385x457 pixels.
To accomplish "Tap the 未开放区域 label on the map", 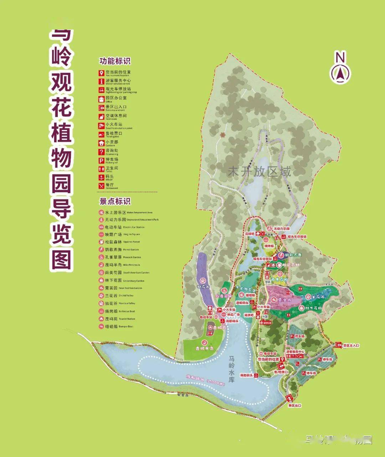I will (x=259, y=171).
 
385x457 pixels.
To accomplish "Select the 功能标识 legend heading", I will (x=115, y=61).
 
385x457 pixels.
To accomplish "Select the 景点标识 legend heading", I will (x=115, y=201).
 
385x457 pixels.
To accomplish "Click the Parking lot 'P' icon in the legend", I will (x=102, y=160).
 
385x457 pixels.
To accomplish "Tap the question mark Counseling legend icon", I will (x=102, y=152).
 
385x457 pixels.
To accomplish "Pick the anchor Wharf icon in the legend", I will (x=102, y=177).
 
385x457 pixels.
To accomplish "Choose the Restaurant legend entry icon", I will (x=102, y=186).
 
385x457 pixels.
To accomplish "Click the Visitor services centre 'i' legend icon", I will (x=102, y=81).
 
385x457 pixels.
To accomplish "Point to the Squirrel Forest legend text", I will (x=113, y=242).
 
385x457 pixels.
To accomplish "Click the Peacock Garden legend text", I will (x=113, y=257).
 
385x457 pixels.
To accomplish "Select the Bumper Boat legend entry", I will (x=113, y=327).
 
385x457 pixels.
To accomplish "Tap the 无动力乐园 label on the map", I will (x=282, y=229).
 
